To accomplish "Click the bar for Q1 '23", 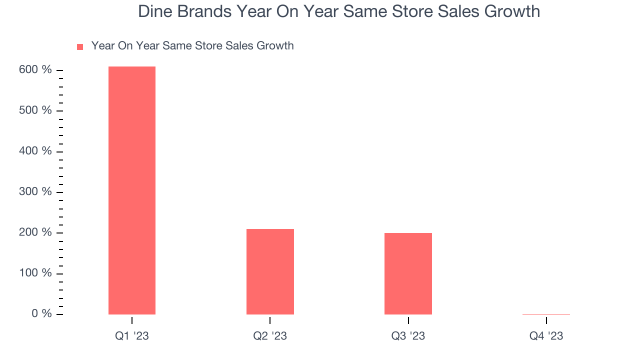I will pos(132,190).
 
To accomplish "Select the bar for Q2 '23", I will pos(270,271).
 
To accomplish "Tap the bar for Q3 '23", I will pos(408,273).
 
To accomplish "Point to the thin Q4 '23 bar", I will pos(546,314).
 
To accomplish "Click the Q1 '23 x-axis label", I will pos(132,336).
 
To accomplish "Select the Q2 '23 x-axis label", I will pos(270,336).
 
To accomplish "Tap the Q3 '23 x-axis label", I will pos(408,336).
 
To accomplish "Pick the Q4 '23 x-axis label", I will pos(546,336).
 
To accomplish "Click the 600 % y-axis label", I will pos(35,70).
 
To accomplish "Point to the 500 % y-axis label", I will pos(35,110).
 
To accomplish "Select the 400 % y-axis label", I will pos(35,151).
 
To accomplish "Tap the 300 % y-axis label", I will pos(35,192).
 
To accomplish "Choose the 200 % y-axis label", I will pos(35,232).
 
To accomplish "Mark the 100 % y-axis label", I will pos(35,273).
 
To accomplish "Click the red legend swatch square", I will pos(80,47).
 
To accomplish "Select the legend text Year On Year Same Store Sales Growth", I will pos(192,46).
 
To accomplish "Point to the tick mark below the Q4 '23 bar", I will pos(546,320).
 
